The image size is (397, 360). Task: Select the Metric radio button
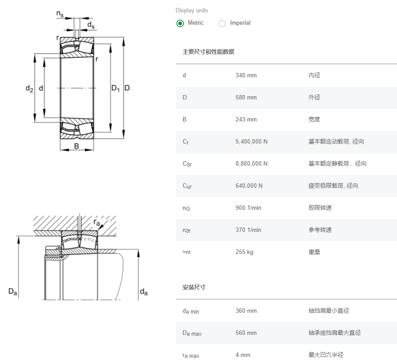pos(180,23)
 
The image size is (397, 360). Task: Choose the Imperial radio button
pos(222,23)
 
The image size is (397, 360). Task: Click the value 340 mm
pos(246,75)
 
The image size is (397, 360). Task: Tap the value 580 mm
pos(246,97)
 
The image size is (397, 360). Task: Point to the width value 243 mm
pos(246,119)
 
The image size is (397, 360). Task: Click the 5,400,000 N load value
pos(251,141)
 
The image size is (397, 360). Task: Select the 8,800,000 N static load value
pos(251,163)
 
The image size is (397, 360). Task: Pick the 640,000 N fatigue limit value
pos(249,186)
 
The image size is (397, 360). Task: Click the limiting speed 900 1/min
pos(248,208)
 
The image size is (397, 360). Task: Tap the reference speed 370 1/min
pos(248,230)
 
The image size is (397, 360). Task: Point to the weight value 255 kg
pos(244,252)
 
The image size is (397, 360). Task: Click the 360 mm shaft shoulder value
pos(246,311)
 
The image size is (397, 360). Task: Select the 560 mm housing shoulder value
pos(246,333)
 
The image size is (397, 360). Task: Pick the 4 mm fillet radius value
pos(243,355)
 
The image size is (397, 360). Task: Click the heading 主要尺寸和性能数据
pos(208,52)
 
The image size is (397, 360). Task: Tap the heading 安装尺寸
pos(194,287)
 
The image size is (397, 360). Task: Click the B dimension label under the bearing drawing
pos(76,146)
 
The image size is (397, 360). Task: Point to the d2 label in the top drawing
pos(29,89)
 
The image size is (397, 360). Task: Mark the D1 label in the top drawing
pos(115,89)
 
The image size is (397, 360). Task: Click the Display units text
pos(192,10)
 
